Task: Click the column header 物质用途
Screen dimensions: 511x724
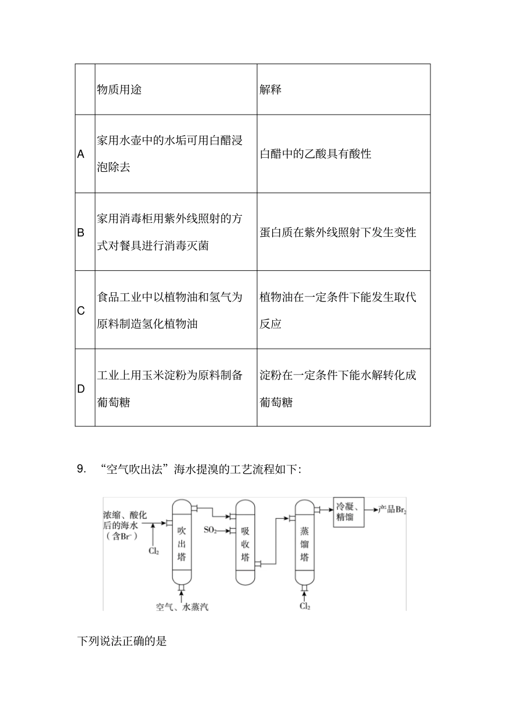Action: [119, 89]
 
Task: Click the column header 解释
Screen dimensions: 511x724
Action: [271, 89]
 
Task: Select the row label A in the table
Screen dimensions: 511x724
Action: [81, 154]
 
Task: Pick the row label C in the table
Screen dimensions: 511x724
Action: [81, 311]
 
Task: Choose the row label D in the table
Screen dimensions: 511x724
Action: [81, 389]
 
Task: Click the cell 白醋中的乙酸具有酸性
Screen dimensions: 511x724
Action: [316, 154]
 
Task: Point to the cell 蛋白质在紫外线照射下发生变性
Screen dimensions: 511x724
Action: [338, 233]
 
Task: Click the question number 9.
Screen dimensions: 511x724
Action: [82, 469]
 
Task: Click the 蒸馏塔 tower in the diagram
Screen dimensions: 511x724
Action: [304, 544]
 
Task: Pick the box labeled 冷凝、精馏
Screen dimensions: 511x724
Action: [349, 512]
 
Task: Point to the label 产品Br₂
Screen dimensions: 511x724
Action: [391, 509]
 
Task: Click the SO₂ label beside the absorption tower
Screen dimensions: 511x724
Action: [210, 530]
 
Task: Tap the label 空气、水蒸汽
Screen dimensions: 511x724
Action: [182, 606]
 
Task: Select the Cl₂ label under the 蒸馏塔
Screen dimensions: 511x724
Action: [305, 606]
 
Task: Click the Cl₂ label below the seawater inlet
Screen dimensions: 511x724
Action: [154, 551]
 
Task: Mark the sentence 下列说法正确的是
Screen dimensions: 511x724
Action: [123, 641]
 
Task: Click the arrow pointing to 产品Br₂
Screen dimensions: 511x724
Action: [371, 509]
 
